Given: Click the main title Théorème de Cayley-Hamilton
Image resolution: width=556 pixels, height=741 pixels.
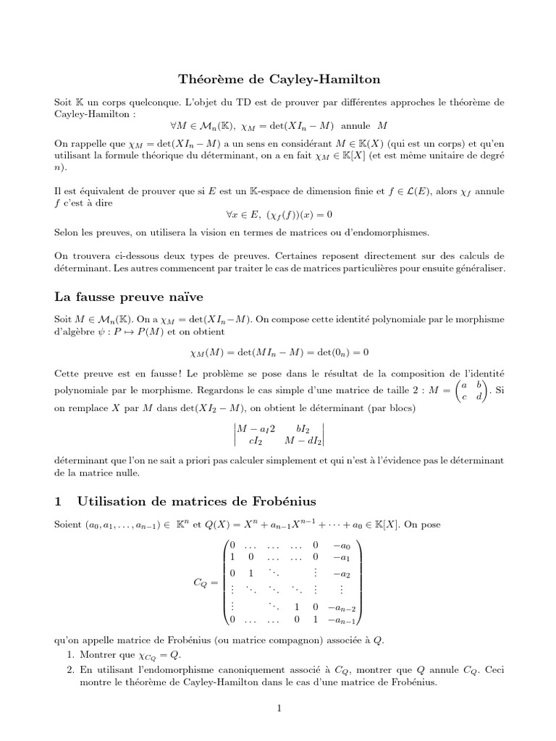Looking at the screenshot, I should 279,78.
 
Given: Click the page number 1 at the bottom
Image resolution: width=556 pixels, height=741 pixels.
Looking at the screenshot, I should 278,708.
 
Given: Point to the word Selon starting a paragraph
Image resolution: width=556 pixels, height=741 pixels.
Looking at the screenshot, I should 67,232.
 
